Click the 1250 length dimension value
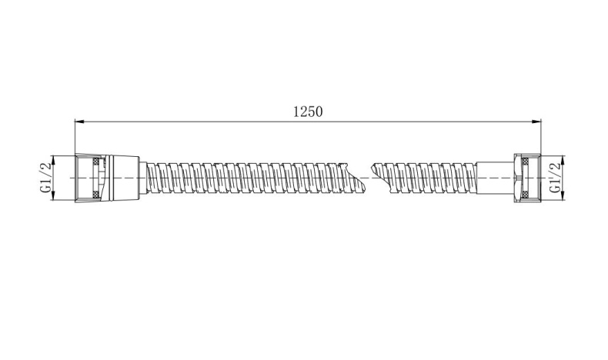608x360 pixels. (x=308, y=112)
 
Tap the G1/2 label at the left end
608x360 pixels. (x=45, y=178)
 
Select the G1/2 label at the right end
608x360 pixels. (x=555, y=178)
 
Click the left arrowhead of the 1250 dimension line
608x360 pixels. (x=79, y=122)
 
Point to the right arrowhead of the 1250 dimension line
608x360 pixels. (x=536, y=122)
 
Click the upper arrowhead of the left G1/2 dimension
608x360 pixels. (x=53, y=161)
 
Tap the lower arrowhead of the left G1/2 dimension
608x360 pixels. (x=53, y=196)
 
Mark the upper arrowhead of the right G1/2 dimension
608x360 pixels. (x=563, y=161)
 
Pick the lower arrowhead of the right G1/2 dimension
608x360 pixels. (x=563, y=196)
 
